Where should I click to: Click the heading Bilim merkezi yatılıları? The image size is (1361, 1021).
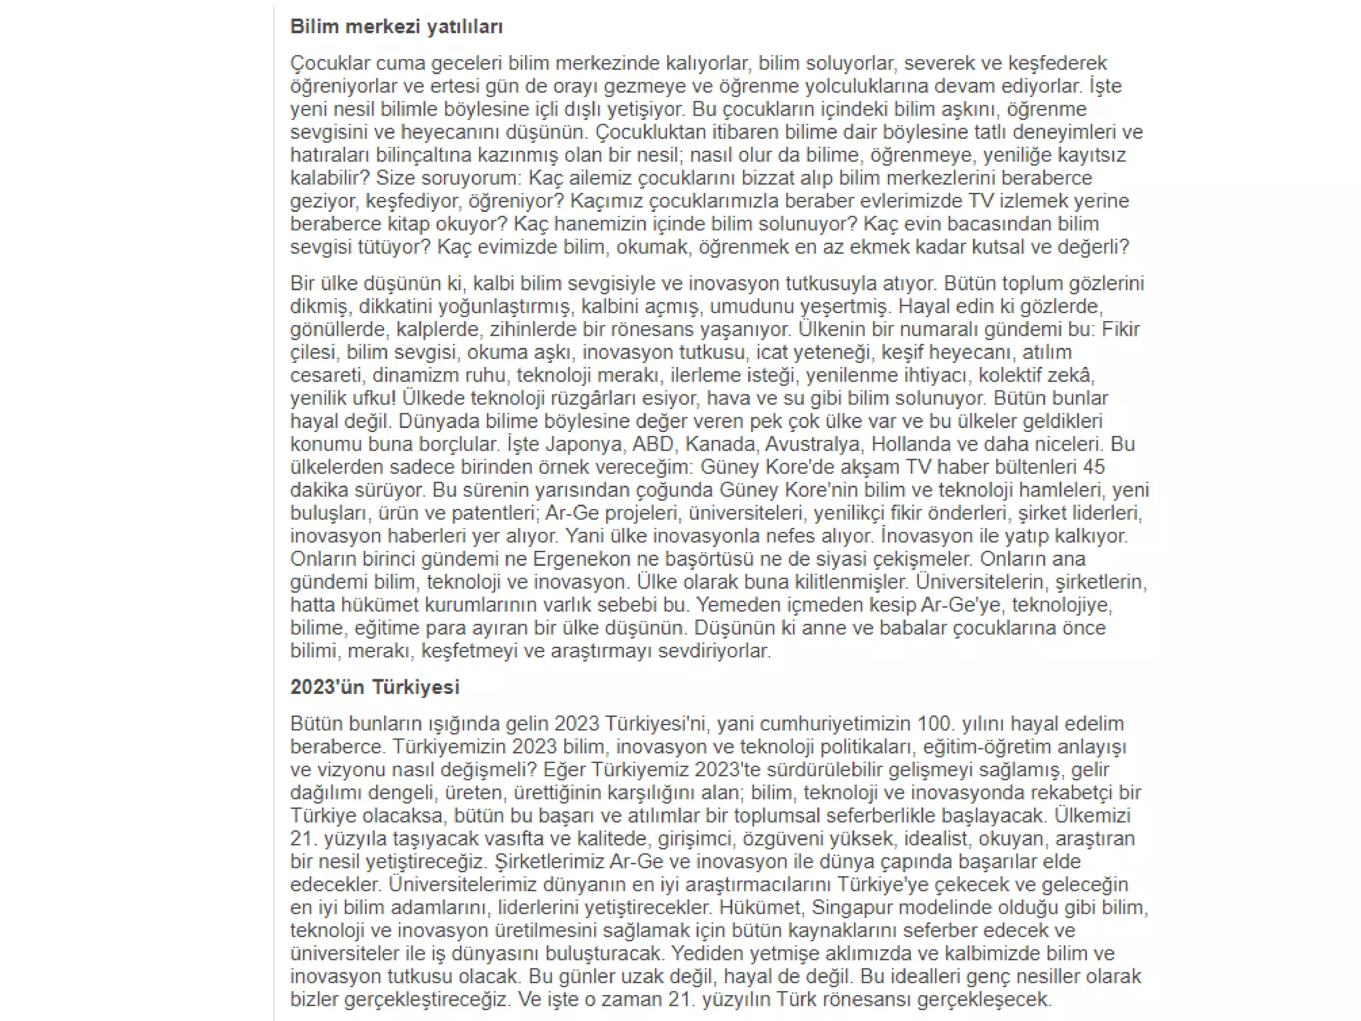click(396, 27)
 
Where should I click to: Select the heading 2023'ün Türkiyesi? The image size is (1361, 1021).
click(374, 687)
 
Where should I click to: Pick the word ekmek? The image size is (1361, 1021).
click(879, 247)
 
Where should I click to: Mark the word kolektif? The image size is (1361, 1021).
click(1009, 375)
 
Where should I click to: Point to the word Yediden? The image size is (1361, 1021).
click(707, 953)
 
